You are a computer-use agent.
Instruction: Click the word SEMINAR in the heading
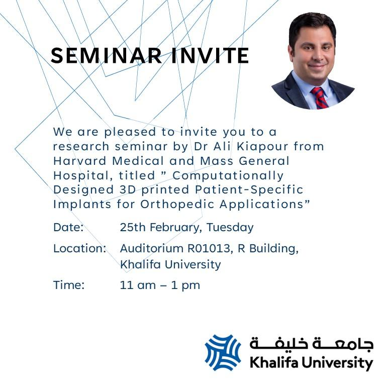[x=107, y=55]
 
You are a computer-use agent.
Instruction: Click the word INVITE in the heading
[x=210, y=55]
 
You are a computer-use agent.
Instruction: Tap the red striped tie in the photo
[x=319, y=98]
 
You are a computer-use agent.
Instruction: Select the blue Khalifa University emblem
[x=223, y=352]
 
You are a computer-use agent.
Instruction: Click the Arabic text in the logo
[x=312, y=343]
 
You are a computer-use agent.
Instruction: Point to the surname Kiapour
[x=262, y=146]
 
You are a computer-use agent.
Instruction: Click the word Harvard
[x=80, y=161]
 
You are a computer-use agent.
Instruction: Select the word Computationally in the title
[x=228, y=176]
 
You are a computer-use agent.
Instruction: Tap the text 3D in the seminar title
[x=128, y=190]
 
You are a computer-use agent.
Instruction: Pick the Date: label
[x=68, y=227]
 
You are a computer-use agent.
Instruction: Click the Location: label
[x=80, y=248]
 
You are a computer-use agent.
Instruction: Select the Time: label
[x=69, y=285]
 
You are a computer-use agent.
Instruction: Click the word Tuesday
[x=230, y=228]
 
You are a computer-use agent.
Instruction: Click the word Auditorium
[x=152, y=248]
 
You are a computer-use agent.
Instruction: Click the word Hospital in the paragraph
[x=81, y=176]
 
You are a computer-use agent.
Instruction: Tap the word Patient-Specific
[x=249, y=190]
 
